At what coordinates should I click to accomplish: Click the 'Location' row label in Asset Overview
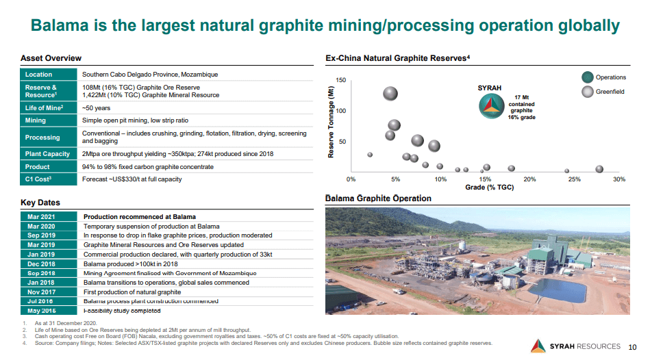(38, 74)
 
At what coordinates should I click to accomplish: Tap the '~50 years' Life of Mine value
(97, 107)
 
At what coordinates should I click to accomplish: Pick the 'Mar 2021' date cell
(41, 217)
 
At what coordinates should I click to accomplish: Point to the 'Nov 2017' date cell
(41, 292)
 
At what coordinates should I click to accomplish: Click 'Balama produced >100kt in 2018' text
(131, 263)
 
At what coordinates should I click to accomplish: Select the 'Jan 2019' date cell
(41, 254)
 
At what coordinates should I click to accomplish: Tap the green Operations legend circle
(587, 77)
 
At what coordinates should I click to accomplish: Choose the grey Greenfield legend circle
(587, 92)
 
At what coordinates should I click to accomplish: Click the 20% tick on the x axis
(529, 179)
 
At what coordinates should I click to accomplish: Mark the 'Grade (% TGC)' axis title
(489, 187)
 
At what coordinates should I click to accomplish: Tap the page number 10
(632, 346)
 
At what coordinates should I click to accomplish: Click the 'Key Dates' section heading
(40, 203)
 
